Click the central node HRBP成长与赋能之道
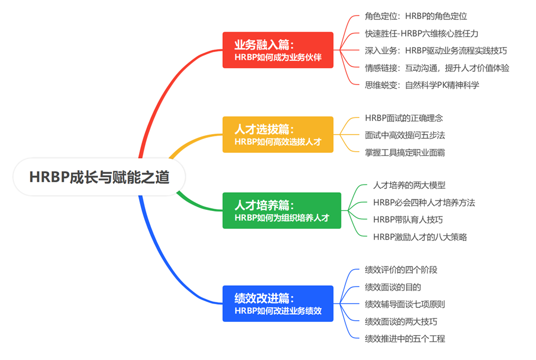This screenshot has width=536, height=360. pyautogui.click(x=99, y=177)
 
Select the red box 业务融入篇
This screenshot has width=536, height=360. pyautogui.click(x=278, y=50)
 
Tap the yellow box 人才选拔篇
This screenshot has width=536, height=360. pyautogui.click(x=278, y=135)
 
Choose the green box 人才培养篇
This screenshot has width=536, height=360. pyautogui.click(x=282, y=210)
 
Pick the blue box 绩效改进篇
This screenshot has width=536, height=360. pyautogui.click(x=278, y=304)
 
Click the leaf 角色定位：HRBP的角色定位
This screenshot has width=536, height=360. pyautogui.click(x=416, y=16)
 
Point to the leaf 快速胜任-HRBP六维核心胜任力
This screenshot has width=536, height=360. pyautogui.click(x=421, y=33)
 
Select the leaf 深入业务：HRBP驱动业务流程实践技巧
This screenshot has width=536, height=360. pyautogui.click(x=436, y=50)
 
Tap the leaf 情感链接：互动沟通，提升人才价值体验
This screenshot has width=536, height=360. pyautogui.click(x=437, y=68)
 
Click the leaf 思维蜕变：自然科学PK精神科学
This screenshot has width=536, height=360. pyautogui.click(x=422, y=85)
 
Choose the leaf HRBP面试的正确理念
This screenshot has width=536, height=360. pyautogui.click(x=404, y=118)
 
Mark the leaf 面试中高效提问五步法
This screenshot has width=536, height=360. pyautogui.click(x=405, y=135)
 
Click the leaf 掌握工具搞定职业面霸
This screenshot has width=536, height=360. pyautogui.click(x=405, y=153)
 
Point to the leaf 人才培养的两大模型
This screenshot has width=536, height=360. pyautogui.click(x=409, y=185)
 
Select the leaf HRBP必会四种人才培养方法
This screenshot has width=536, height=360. pyautogui.click(x=424, y=203)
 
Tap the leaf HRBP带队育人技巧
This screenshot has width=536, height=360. pyautogui.click(x=408, y=220)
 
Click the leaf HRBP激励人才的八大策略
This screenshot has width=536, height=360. pyautogui.click(x=420, y=237)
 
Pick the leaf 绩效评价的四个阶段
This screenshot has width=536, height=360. pyautogui.click(x=401, y=270)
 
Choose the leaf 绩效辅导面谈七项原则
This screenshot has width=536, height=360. pyautogui.click(x=405, y=304)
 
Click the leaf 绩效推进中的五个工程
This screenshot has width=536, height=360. pyautogui.click(x=405, y=339)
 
